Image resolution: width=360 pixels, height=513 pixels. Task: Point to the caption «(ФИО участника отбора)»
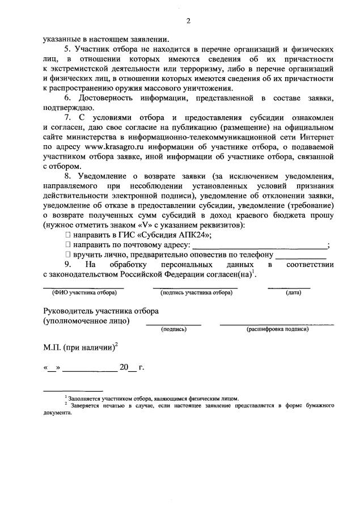(84, 292)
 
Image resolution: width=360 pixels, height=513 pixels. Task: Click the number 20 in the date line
(124, 367)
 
